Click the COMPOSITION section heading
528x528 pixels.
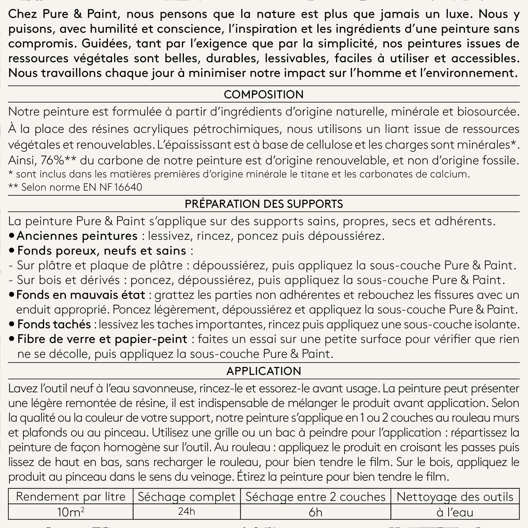[264, 95]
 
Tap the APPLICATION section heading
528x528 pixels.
[264, 371]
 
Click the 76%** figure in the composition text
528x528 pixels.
[59, 161]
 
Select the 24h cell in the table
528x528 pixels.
[187, 511]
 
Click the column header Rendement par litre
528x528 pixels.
[70, 497]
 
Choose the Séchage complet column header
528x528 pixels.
[187, 497]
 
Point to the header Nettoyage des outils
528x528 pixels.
[455, 497]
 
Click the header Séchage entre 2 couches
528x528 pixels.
[315, 497]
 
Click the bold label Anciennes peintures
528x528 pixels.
[77, 236]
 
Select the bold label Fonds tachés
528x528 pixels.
[54, 324]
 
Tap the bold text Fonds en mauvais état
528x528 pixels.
[81, 295]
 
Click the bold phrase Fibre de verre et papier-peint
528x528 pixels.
[102, 339]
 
